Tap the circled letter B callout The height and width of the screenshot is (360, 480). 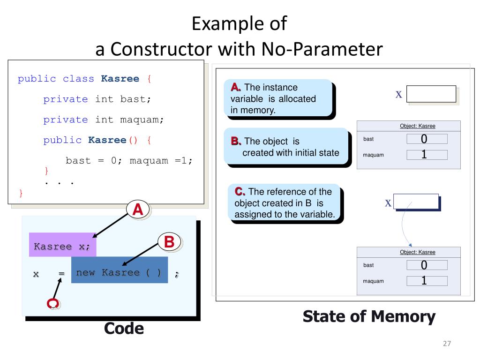tap(170, 242)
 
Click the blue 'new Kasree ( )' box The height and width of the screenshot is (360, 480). tap(120, 270)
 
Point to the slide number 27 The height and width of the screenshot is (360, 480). tap(446, 344)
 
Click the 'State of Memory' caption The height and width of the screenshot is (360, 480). tap(369, 316)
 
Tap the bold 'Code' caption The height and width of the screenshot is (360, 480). tap(124, 328)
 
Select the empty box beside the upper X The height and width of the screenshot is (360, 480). tap(431, 94)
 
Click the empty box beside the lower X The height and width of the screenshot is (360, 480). tap(416, 202)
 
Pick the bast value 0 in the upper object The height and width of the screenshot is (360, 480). tap(424, 139)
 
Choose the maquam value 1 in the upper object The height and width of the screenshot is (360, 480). tap(424, 155)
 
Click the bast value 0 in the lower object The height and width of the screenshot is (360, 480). tap(424, 265)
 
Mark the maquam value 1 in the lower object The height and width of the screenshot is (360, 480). tap(424, 281)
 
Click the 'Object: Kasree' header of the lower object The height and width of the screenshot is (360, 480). tap(417, 252)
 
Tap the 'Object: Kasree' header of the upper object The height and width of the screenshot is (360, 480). tap(417, 126)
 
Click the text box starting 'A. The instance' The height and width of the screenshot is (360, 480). tap(278, 98)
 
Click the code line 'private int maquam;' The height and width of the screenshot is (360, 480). tap(104, 120)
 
